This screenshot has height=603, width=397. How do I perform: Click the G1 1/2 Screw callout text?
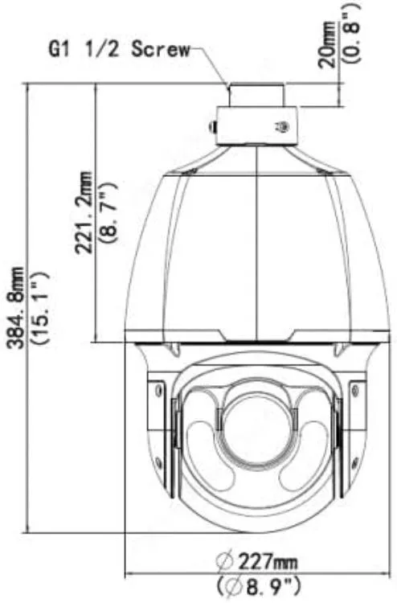pyautogui.click(x=120, y=50)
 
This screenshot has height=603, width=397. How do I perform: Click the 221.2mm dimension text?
pyautogui.click(x=84, y=213)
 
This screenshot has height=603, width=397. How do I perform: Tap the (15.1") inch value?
pyautogui.click(x=40, y=308)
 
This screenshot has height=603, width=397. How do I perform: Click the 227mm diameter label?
pyautogui.click(x=256, y=562)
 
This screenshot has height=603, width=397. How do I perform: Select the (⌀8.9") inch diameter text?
pyautogui.click(x=258, y=587)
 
